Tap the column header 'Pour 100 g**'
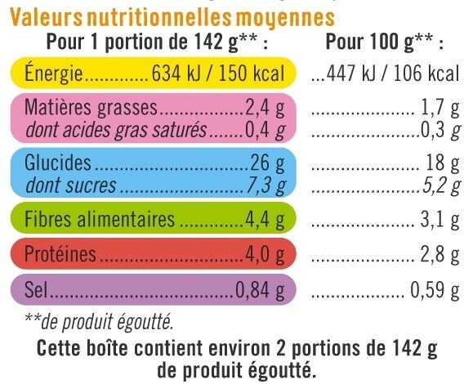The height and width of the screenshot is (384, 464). (385, 42)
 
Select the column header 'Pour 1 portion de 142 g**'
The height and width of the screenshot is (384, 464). (158, 42)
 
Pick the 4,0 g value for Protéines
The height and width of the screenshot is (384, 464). (265, 255)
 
